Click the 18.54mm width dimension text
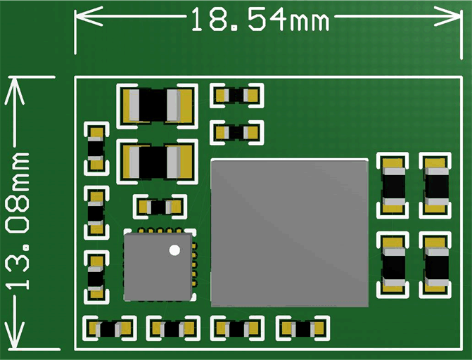pyautogui.click(x=259, y=19)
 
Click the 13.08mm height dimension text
pyautogui.click(x=19, y=219)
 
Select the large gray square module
pyautogui.click(x=289, y=232)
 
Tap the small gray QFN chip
pyautogui.click(x=158, y=266)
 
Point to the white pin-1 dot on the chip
pyautogui.click(x=174, y=250)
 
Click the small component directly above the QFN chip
pyautogui.click(x=160, y=207)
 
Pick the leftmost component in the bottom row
pyautogui.click(x=109, y=328)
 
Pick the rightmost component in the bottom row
pyautogui.click(x=303, y=328)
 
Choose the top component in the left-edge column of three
pyautogui.click(x=95, y=148)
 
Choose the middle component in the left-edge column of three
pyautogui.click(x=95, y=212)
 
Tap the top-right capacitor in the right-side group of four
pyautogui.click(x=435, y=185)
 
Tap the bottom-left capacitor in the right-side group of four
pyautogui.click(x=393, y=264)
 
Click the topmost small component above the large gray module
pyautogui.click(x=237, y=95)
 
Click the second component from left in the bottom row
pyautogui.click(x=172, y=328)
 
